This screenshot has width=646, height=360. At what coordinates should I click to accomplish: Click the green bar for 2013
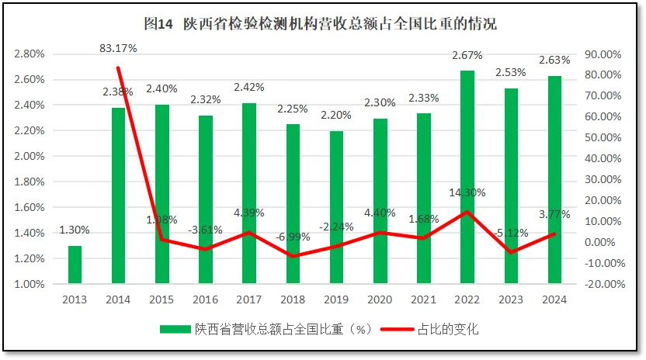pos(75,265)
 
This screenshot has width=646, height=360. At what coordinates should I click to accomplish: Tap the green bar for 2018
pos(293,203)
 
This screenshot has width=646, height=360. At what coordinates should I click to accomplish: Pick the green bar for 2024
pos(554,179)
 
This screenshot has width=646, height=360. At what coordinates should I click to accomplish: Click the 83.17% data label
pos(119,48)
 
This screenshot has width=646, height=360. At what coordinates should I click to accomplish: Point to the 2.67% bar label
pos(467,55)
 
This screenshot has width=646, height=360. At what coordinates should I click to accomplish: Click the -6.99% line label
pos(293,236)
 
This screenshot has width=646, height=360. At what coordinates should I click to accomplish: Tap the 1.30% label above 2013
pos(75,230)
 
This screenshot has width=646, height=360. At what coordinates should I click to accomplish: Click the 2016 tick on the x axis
pos(206,299)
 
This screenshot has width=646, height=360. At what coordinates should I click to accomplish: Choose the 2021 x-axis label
pos(424,299)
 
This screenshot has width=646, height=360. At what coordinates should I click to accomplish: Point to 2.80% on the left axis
pos(28,54)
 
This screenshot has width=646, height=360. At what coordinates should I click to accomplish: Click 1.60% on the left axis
pos(28,207)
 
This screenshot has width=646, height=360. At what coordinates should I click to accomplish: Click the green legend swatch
pos(175,329)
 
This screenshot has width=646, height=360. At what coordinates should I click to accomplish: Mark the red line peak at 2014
pos(119,68)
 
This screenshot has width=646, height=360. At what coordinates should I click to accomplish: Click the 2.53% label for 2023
pos(511,72)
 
